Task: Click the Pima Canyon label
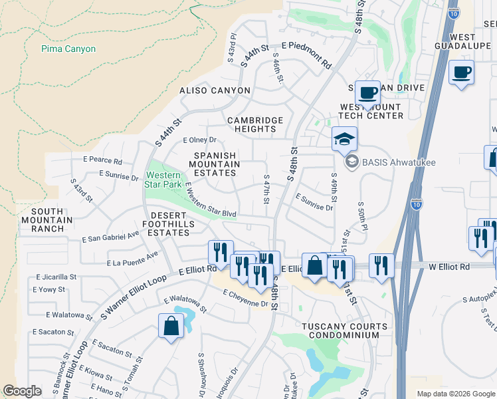tap(68, 49)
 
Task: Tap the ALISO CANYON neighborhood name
tap(215, 90)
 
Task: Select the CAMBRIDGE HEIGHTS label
tap(256, 125)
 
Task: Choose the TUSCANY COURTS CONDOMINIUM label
tap(344, 331)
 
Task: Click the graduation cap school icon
tap(344, 139)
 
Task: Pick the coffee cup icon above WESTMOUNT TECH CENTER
tap(367, 92)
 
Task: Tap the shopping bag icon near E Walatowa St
tap(171, 326)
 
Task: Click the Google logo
tap(22, 391)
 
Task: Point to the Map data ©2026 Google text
tap(455, 393)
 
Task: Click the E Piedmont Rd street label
tap(306, 55)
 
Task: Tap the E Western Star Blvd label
tap(211, 199)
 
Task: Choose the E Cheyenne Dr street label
tap(246, 299)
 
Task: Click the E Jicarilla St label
tap(56, 276)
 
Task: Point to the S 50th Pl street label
tap(362, 215)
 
